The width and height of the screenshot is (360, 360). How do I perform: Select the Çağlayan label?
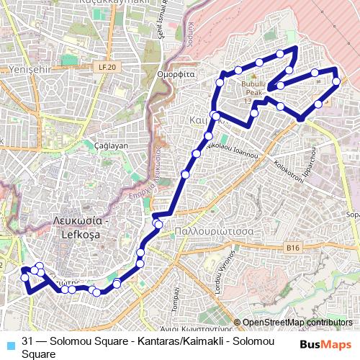click(x=111, y=145)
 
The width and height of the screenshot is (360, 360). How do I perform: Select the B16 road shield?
click(x=292, y=248)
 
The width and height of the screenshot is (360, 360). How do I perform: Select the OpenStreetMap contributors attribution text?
click(x=297, y=323)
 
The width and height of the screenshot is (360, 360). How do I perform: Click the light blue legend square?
click(x=9, y=343)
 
